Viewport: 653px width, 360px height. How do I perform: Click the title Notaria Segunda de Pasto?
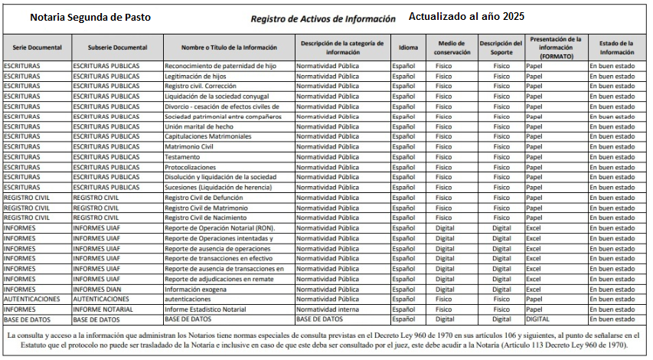(x=91, y=17)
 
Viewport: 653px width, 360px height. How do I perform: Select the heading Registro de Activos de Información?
(x=322, y=18)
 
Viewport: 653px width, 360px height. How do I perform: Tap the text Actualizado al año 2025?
(x=466, y=16)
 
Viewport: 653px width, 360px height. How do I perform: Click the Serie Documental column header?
(x=36, y=47)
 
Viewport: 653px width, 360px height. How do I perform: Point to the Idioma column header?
(x=409, y=47)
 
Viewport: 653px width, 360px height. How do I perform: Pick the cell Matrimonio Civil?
(x=189, y=146)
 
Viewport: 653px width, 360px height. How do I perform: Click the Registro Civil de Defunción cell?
(x=204, y=197)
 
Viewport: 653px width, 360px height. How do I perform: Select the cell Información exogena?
(x=196, y=288)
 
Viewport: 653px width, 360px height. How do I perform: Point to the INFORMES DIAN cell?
(x=97, y=288)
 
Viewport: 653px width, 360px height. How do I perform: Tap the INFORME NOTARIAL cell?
(x=103, y=308)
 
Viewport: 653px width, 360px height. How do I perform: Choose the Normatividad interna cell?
(x=328, y=308)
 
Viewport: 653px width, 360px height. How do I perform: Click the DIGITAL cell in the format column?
(x=538, y=318)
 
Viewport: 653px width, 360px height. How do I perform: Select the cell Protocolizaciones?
(x=191, y=167)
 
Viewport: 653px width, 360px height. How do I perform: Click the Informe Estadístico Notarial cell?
(x=206, y=308)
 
